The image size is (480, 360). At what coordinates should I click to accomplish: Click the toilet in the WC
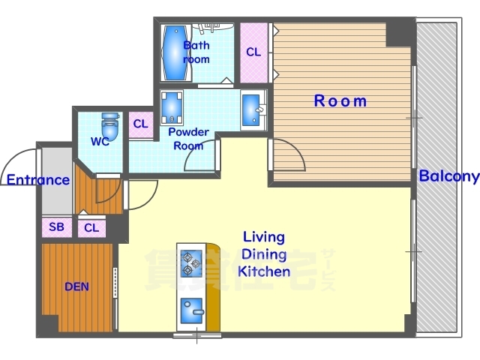pyautogui.click(x=110, y=126)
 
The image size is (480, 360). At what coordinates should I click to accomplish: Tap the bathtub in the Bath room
pyautogui.click(x=175, y=52)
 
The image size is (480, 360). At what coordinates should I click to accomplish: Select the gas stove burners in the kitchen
pyautogui.click(x=191, y=263)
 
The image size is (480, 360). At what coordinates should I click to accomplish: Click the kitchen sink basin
pyautogui.click(x=192, y=310)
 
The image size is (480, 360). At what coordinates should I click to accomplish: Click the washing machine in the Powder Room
pyautogui.click(x=172, y=107)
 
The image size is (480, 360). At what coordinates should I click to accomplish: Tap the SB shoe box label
pyautogui.click(x=57, y=226)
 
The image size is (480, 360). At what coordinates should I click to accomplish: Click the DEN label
pyautogui.click(x=76, y=286)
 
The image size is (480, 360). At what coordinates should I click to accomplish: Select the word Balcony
pyautogui.click(x=448, y=177)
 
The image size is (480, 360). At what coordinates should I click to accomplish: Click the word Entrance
pyautogui.click(x=38, y=180)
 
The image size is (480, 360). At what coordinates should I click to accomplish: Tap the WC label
pyautogui.click(x=100, y=142)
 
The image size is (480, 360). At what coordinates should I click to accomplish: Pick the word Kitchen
pyautogui.click(x=264, y=271)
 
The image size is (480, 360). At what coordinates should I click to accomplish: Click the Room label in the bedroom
pyautogui.click(x=340, y=100)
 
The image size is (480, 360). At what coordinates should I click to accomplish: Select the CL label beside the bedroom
pyautogui.click(x=253, y=52)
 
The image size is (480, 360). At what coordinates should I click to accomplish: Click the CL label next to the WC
pyautogui.click(x=140, y=124)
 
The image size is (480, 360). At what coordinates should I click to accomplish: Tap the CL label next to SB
pyautogui.click(x=91, y=228)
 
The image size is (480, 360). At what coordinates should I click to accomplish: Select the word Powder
pyautogui.click(x=188, y=132)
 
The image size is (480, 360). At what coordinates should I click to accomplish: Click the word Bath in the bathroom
pyautogui.click(x=196, y=45)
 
